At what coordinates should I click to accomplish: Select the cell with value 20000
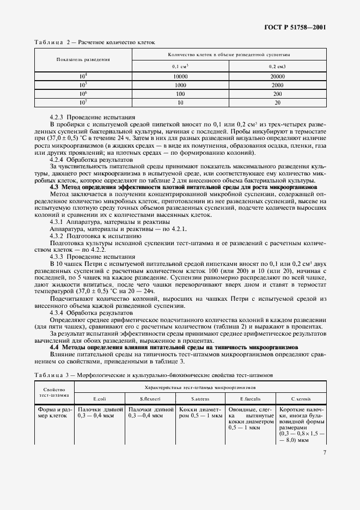[277, 77]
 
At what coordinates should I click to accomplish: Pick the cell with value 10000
[180, 77]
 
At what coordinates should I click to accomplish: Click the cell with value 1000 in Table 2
[180, 86]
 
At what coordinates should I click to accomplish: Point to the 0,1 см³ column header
[180, 66]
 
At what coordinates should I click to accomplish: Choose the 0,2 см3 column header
[277, 66]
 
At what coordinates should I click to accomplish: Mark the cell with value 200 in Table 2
[277, 94]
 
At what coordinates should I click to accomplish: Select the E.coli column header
[99, 398]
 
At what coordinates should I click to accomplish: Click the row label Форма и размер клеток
[54, 412]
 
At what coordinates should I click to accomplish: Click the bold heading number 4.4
[54, 346]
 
